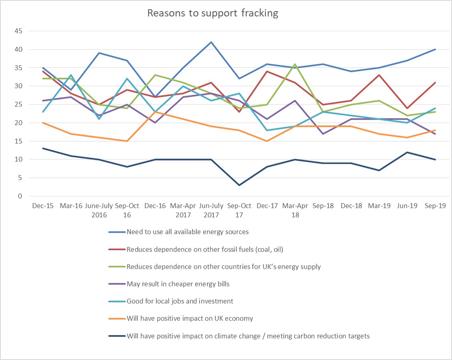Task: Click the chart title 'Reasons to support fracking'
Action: click(212, 13)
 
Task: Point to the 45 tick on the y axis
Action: click(18, 31)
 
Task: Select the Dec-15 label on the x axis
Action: click(43, 206)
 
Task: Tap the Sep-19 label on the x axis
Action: click(436, 206)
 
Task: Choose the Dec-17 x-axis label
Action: click(267, 206)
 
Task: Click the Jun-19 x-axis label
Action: click(408, 206)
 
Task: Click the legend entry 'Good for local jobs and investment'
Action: click(180, 301)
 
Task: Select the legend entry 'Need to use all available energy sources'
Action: click(187, 231)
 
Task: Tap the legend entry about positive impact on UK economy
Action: click(190, 319)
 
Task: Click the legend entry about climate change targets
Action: click(248, 336)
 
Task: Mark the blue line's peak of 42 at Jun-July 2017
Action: click(211, 42)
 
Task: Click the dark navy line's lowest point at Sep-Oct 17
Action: click(239, 185)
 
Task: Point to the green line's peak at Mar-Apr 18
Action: click(295, 64)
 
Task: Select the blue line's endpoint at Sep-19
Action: click(436, 49)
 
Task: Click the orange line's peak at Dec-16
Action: click(155, 112)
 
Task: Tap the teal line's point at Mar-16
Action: click(71, 75)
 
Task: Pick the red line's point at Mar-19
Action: click(379, 75)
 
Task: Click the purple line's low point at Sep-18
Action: click(323, 134)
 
